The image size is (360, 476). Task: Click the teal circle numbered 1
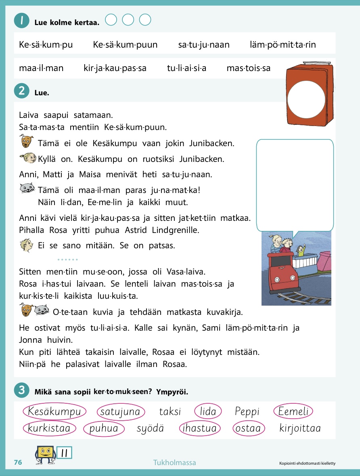[21, 21]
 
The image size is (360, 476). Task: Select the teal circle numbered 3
[21, 390]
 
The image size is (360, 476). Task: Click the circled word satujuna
[120, 412]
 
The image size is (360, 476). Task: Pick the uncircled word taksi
[170, 412]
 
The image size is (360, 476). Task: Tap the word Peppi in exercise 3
[247, 412]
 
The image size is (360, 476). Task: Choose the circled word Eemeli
[293, 412]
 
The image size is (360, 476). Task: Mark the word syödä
[150, 428]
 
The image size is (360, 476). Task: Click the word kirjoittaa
[300, 428]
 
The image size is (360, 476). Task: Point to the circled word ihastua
[199, 428]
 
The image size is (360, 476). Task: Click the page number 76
[18, 463]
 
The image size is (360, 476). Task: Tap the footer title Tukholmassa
[174, 463]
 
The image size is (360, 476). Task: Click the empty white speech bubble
[295, 184]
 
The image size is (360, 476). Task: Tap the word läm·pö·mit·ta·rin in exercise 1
[283, 45]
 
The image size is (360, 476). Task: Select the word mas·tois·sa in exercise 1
[249, 68]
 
